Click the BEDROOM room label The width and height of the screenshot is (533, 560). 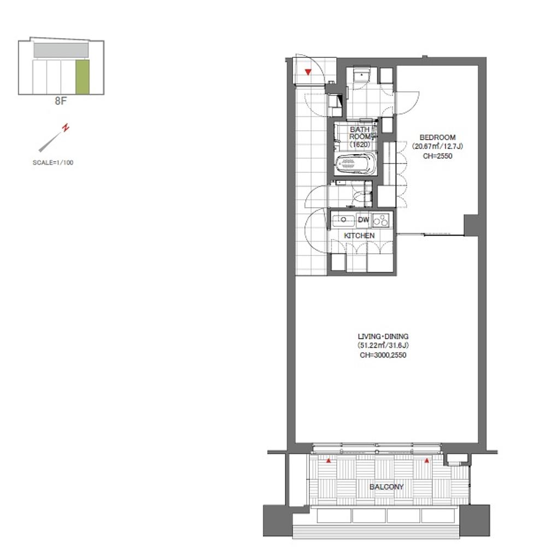[437, 137]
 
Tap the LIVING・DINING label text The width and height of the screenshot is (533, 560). [383, 336]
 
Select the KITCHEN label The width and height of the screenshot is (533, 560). [359, 235]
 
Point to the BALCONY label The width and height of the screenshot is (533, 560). [386, 486]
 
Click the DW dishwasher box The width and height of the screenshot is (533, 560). [364, 220]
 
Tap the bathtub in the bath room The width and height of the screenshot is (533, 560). [356, 164]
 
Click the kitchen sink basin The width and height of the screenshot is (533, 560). [343, 220]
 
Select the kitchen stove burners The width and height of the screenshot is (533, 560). [381, 220]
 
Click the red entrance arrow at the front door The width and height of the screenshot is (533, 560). [308, 72]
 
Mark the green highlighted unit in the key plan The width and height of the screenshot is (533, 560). [83, 77]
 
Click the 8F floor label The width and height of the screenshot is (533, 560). [61, 101]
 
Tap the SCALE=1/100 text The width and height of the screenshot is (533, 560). [53, 162]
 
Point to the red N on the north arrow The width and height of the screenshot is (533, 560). [66, 127]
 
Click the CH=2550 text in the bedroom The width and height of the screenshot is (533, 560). [437, 156]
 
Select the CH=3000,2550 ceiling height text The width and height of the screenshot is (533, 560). [383, 354]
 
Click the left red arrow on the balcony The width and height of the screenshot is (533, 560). [329, 460]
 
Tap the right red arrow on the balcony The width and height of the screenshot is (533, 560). [426, 460]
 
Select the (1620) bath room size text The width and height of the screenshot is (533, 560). [360, 144]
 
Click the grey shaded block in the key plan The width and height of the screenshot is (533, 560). [61, 50]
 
